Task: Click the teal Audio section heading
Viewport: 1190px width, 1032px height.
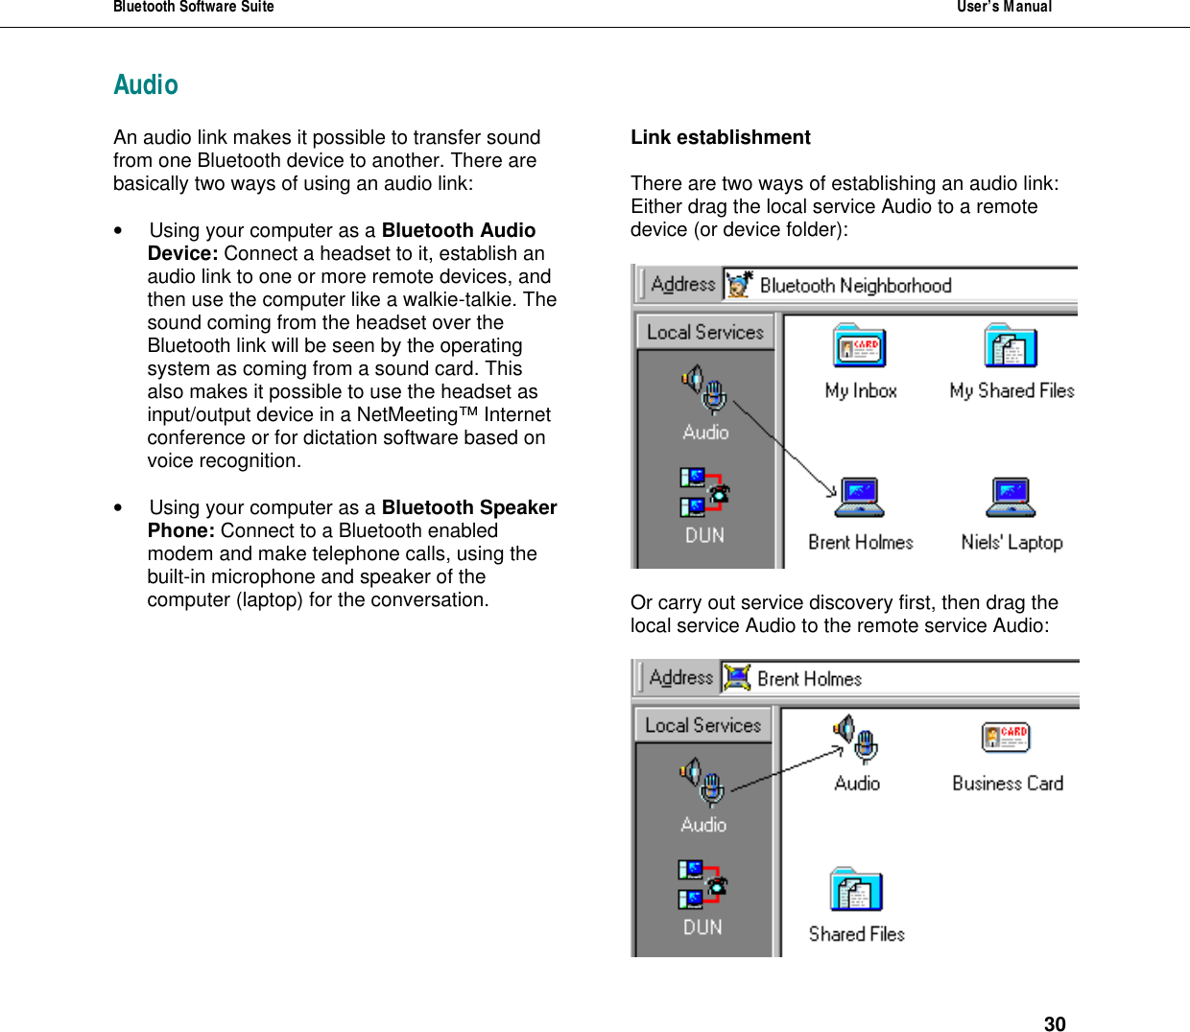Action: click(x=146, y=85)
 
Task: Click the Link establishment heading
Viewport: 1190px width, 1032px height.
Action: click(x=720, y=137)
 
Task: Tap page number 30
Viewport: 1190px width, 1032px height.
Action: click(x=1054, y=1023)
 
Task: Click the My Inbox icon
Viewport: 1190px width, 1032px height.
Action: click(x=859, y=347)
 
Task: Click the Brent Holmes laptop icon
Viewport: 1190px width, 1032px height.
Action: click(x=859, y=498)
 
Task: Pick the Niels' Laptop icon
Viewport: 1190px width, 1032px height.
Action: click(x=1011, y=498)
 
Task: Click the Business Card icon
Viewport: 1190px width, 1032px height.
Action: click(x=1006, y=739)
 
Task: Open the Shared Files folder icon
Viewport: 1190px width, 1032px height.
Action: click(x=856, y=890)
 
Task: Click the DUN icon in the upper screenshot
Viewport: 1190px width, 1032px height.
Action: click(x=704, y=493)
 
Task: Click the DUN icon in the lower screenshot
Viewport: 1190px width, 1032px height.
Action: click(x=702, y=884)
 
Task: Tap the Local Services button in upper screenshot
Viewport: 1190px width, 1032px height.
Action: click(x=704, y=332)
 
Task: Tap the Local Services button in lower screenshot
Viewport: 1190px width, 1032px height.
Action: click(x=702, y=725)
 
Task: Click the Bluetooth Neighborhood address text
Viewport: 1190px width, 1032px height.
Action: click(x=854, y=286)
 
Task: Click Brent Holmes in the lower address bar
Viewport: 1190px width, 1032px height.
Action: click(x=809, y=679)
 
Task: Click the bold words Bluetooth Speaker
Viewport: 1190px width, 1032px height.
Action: click(x=468, y=507)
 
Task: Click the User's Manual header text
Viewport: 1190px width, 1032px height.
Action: click(x=1004, y=8)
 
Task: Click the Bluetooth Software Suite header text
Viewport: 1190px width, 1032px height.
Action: click(x=194, y=8)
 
